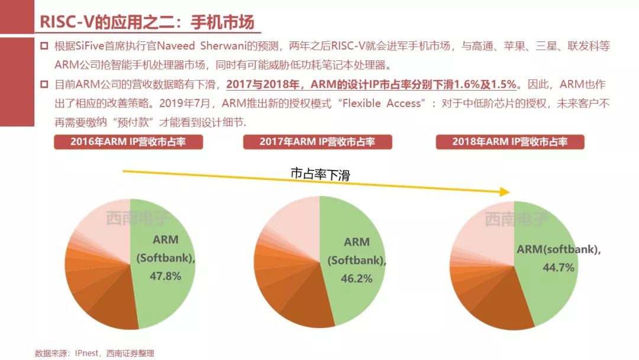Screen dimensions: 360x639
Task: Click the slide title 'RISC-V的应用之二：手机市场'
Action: click(147, 22)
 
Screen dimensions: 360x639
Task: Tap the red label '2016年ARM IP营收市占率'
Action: click(128, 142)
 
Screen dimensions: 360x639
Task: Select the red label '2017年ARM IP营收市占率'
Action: click(317, 142)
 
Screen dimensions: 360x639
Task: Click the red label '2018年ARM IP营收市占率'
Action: click(509, 142)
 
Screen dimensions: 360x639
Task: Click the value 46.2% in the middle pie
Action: click(357, 278)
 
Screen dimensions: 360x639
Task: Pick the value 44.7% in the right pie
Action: click(559, 267)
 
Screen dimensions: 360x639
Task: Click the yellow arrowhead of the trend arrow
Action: click(504, 191)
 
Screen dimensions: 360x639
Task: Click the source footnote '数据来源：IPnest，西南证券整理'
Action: click(94, 353)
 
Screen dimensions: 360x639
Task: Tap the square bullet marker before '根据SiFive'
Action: click(44, 47)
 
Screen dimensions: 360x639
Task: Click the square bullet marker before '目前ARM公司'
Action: click(44, 85)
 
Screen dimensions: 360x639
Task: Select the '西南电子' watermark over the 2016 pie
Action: click(137, 218)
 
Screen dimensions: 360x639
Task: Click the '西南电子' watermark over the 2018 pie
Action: click(516, 219)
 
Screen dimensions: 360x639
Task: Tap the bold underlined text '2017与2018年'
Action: click(259, 84)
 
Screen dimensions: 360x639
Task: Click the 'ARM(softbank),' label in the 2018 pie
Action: click(559, 249)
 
